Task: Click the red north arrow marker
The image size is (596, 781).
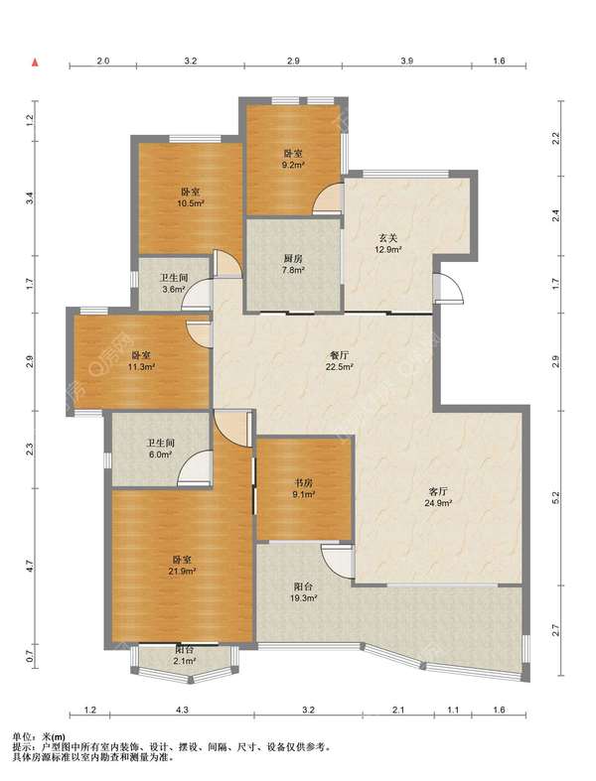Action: pyautogui.click(x=36, y=63)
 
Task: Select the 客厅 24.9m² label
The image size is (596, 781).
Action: pyautogui.click(x=438, y=496)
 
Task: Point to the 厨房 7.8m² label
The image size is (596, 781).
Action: pyautogui.click(x=293, y=264)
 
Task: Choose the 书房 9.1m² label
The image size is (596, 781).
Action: pyautogui.click(x=303, y=488)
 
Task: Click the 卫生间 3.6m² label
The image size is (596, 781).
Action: pyautogui.click(x=173, y=284)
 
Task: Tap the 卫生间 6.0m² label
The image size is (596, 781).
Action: pyautogui.click(x=160, y=449)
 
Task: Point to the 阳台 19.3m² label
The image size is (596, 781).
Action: pyautogui.click(x=304, y=591)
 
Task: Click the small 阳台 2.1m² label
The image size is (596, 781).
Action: pyautogui.click(x=184, y=656)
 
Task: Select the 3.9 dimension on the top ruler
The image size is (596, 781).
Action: pyautogui.click(x=407, y=62)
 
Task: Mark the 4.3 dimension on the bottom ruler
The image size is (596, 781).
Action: pyautogui.click(x=182, y=710)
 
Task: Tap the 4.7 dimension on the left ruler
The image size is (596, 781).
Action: pyautogui.click(x=31, y=567)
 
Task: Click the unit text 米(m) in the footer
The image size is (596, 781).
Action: pyautogui.click(x=54, y=736)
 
